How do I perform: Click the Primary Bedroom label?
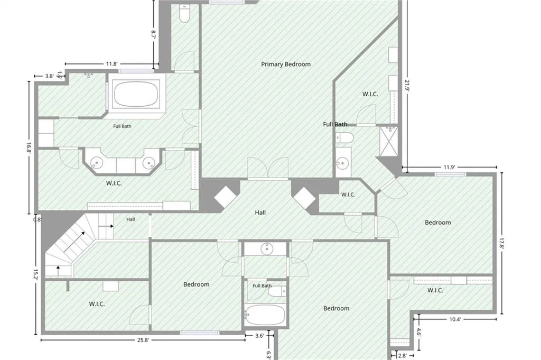tap(286, 64)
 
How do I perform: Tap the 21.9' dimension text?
tap(407, 85)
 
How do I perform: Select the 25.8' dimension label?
tap(143, 340)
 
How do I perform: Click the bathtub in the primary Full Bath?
tap(136, 94)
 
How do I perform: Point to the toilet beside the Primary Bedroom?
tap(184, 14)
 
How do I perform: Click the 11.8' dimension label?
tap(112, 64)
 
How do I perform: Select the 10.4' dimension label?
tap(455, 319)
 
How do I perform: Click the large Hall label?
tap(260, 213)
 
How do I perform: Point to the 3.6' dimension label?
tap(259, 336)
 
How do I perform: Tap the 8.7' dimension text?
tap(154, 34)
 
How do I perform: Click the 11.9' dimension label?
tap(449, 168)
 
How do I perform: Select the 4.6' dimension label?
tap(418, 333)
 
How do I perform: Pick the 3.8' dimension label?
tap(50, 76)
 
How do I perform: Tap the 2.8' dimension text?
tap(402, 356)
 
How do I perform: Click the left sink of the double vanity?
tap(96, 162)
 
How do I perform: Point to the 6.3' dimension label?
tap(269, 355)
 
